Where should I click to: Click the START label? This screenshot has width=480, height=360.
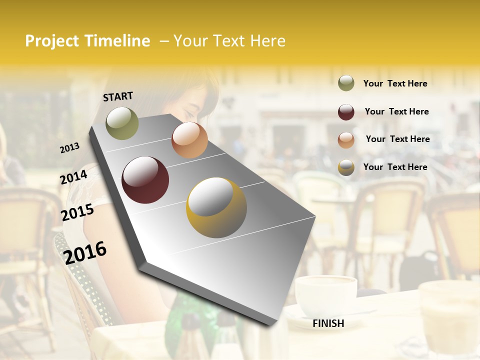(x=118, y=96)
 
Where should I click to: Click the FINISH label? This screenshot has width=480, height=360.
(x=328, y=323)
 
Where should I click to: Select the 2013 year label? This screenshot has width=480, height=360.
(x=70, y=148)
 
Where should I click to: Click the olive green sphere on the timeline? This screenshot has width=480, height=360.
(x=122, y=123)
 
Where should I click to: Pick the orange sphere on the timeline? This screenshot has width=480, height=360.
(x=189, y=140)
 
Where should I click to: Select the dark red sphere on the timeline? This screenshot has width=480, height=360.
(x=145, y=180)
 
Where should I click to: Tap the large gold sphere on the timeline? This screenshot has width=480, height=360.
(x=216, y=207)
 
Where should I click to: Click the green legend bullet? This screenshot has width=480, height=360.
(x=346, y=83)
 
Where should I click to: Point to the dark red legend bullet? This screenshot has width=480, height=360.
(x=346, y=112)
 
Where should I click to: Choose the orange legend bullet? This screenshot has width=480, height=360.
(x=346, y=140)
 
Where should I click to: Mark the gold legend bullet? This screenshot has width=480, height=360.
(x=346, y=167)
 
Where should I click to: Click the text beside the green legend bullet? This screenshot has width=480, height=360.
(x=395, y=83)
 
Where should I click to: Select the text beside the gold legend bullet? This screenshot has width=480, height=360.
(x=395, y=167)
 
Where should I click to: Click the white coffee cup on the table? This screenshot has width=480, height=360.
(x=325, y=296)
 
